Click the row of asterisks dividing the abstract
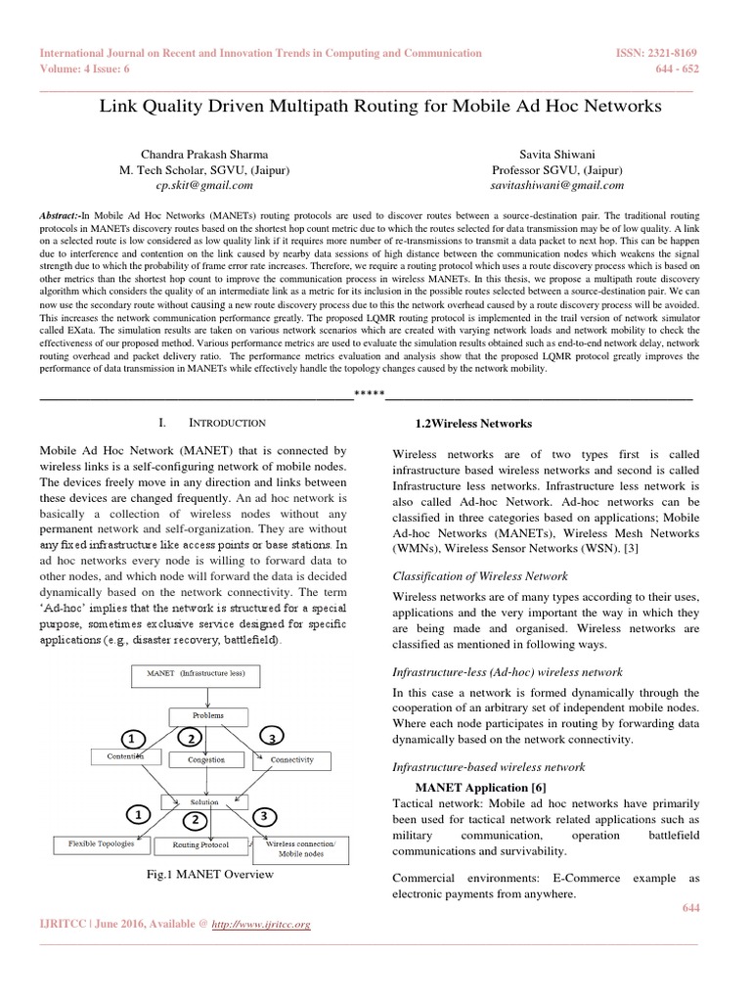coord(369,396)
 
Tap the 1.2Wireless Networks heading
coord(473,424)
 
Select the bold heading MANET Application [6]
coord(480,788)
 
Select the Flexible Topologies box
coord(101,843)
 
